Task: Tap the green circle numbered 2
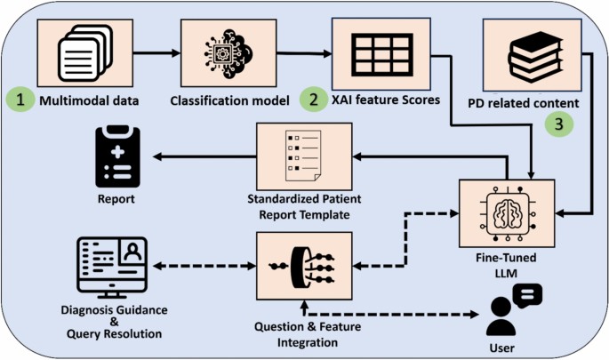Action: click(311, 100)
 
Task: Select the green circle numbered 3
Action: click(557, 124)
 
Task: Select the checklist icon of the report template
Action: click(298, 155)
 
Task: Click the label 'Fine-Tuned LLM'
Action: click(505, 268)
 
